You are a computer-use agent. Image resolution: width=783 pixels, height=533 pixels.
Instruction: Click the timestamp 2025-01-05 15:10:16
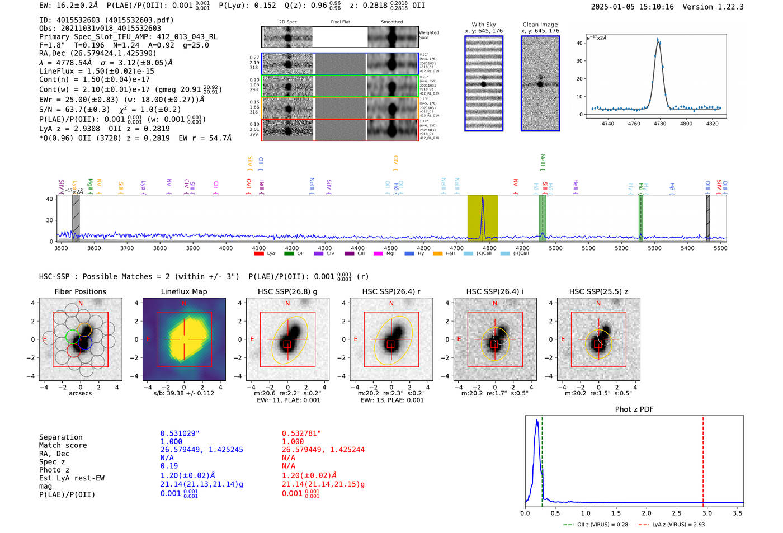click(x=632, y=7)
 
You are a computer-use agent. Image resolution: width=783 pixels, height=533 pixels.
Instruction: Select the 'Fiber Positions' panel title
click(x=80, y=291)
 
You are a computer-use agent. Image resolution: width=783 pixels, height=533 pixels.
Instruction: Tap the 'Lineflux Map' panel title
click(x=183, y=291)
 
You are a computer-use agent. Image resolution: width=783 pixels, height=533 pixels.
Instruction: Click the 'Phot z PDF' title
click(x=634, y=409)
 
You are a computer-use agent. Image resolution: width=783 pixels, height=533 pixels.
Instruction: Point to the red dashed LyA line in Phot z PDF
click(x=703, y=459)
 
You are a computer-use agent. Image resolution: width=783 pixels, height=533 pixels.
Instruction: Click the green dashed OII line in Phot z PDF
click(x=543, y=459)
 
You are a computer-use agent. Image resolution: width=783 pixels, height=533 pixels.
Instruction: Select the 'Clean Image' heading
click(x=540, y=25)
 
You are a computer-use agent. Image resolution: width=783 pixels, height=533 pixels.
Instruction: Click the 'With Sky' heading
click(x=483, y=25)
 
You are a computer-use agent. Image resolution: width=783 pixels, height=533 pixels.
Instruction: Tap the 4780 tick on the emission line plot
click(x=660, y=124)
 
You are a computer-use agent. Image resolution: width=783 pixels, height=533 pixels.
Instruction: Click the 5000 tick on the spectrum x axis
click(x=555, y=248)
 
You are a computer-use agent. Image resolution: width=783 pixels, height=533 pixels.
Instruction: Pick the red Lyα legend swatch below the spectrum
click(x=259, y=253)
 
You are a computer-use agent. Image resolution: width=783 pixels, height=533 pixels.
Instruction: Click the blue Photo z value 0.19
click(x=169, y=466)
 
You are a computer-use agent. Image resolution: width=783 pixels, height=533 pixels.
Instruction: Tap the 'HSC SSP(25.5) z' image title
click(x=598, y=291)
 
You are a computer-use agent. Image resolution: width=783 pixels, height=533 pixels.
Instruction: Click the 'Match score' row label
click(x=63, y=445)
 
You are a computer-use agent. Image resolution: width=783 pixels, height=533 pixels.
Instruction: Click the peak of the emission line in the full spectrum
click(x=483, y=197)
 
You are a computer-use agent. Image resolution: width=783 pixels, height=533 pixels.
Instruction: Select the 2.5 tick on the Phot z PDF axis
click(x=677, y=513)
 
